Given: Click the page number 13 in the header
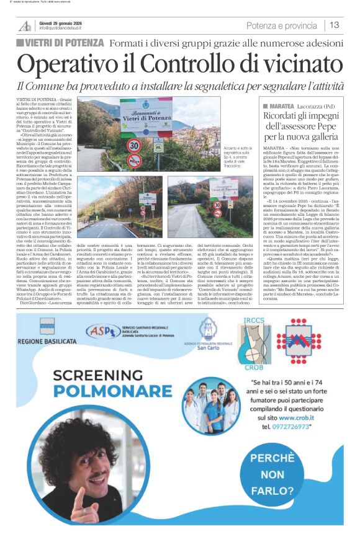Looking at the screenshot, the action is [334, 25].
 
